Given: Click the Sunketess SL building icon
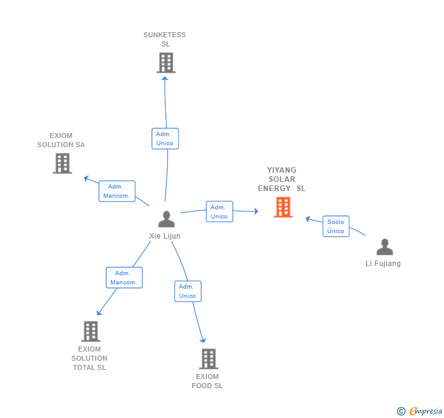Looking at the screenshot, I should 166,63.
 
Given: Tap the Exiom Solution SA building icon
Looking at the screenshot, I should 62,164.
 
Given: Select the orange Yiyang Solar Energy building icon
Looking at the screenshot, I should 283,207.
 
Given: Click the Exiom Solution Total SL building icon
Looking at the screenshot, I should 90,331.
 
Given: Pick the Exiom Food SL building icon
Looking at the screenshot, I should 209,359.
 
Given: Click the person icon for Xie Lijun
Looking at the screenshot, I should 166,219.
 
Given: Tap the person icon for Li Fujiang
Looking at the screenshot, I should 384,247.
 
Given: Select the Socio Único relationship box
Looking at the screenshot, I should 335,226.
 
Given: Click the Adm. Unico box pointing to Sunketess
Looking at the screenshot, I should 165,139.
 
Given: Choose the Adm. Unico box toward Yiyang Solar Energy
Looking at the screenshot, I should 219,212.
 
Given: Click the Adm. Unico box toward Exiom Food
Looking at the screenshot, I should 187,291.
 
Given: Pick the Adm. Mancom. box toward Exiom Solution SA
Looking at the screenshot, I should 116,191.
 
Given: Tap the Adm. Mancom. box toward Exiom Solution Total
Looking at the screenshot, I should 124,278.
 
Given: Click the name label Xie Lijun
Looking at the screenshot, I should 165,236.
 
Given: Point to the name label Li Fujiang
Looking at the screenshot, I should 383,264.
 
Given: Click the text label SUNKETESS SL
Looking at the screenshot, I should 165,40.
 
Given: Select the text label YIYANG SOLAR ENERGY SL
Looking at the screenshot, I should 282,179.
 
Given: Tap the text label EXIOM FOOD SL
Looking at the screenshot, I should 207,381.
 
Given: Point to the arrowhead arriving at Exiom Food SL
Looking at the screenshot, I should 203,341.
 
